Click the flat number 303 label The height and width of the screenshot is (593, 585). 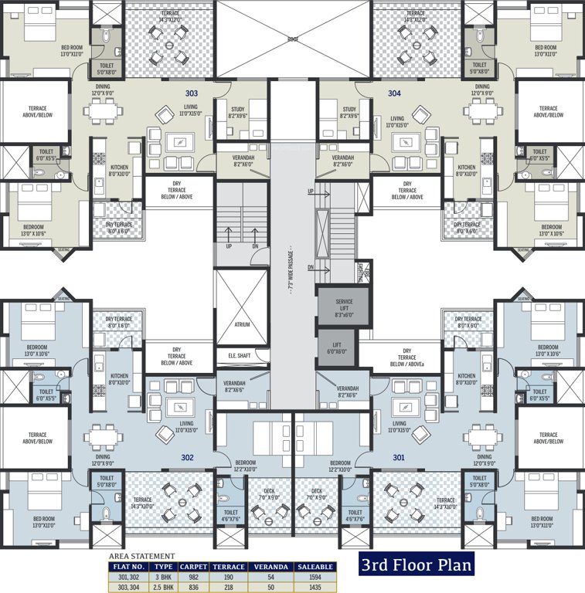(x=191, y=93)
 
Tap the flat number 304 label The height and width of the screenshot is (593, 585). (x=394, y=93)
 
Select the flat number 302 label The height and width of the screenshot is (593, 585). (x=187, y=457)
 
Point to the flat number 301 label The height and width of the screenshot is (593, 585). (x=398, y=457)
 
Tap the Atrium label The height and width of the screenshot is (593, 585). (x=242, y=324)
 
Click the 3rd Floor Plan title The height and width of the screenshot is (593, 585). (x=415, y=564)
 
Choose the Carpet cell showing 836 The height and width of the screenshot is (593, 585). (x=192, y=588)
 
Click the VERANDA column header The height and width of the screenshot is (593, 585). (x=270, y=567)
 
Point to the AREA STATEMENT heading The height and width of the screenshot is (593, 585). (x=141, y=556)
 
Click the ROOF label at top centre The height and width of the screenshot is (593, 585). (x=293, y=38)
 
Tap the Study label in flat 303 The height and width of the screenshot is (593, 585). (x=237, y=110)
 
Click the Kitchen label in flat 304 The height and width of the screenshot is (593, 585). (x=466, y=168)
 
